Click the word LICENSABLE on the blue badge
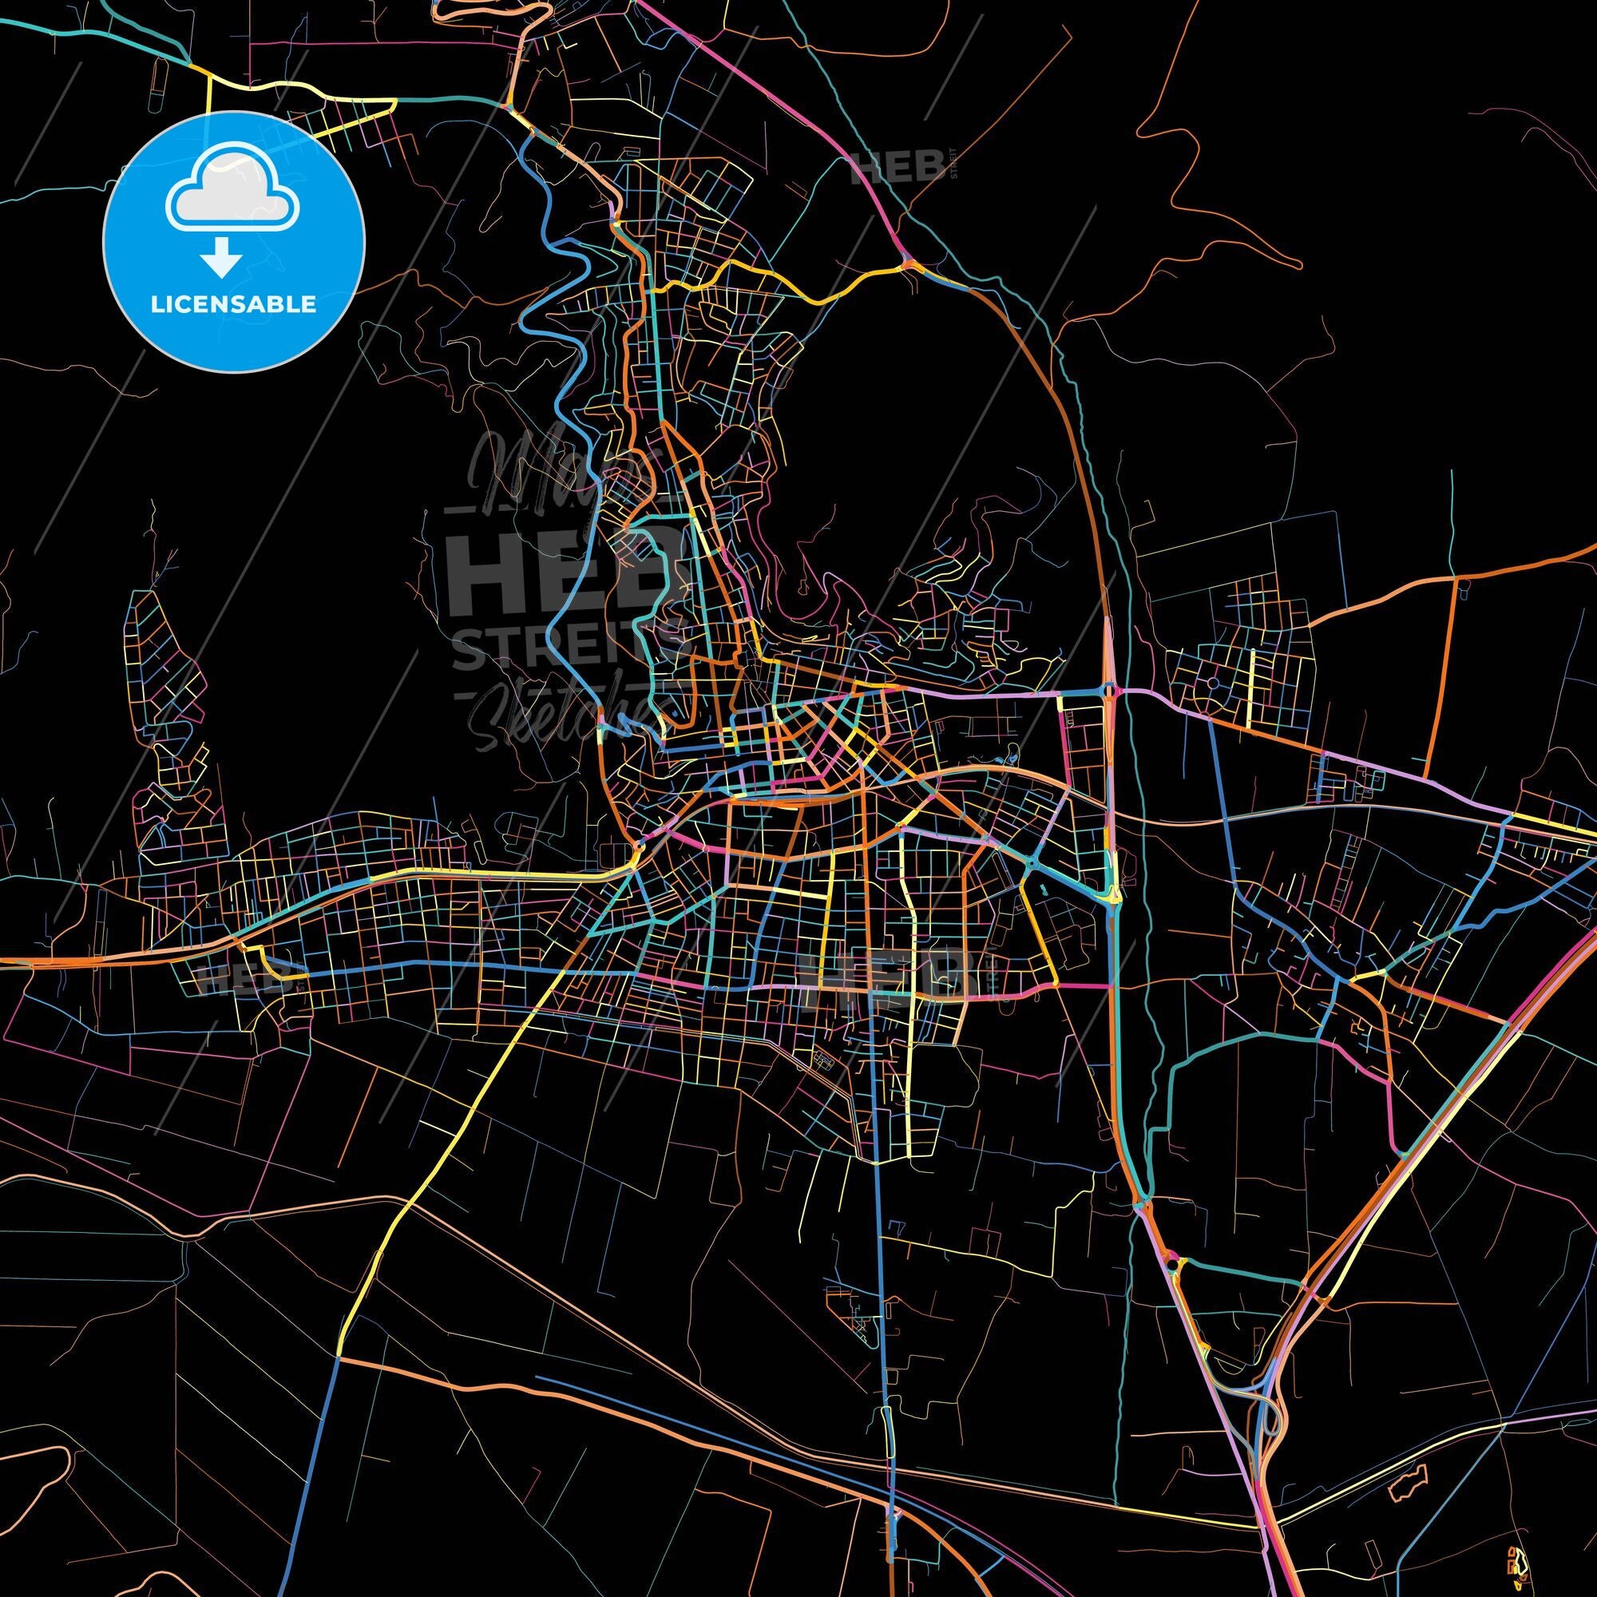tap(233, 303)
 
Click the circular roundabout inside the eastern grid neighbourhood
tap(1212, 683)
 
